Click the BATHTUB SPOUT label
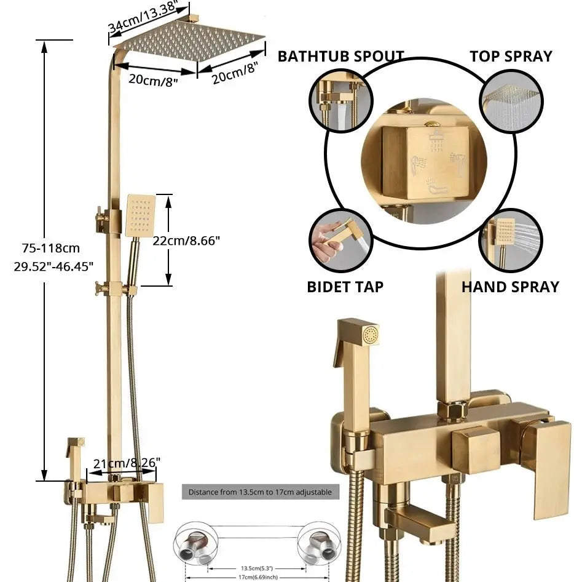[x=340, y=57]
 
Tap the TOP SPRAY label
[x=511, y=57]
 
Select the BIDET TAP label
[x=345, y=287]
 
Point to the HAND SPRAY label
[x=510, y=287]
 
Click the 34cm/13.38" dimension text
[x=144, y=18]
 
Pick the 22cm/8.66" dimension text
[x=186, y=241]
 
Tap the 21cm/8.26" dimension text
[x=127, y=463]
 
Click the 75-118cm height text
[x=51, y=248]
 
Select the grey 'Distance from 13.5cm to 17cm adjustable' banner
[x=260, y=492]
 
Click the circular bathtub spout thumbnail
[x=340, y=100]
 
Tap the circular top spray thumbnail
[x=511, y=100]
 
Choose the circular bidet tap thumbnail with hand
[x=340, y=240]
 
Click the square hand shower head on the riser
[x=141, y=215]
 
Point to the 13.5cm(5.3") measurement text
[x=257, y=568]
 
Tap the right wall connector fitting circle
[x=319, y=544]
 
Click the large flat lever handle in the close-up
[x=545, y=468]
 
